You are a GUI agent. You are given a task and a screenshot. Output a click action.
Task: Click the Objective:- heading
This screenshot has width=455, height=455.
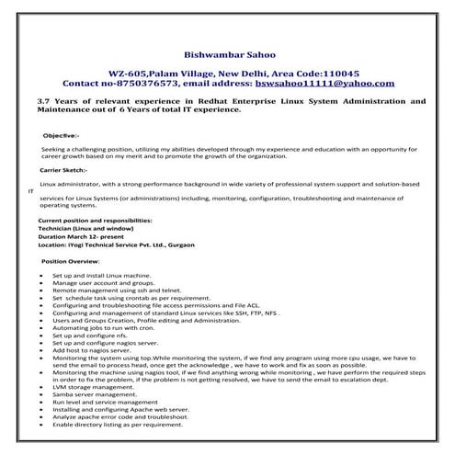tap(61, 135)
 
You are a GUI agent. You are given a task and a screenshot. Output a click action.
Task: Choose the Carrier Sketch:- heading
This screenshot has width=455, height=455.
tap(63, 171)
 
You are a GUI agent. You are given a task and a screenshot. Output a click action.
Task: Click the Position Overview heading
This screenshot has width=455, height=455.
tap(76, 262)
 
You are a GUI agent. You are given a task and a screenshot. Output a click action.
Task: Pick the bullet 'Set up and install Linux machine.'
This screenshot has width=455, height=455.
tap(101, 276)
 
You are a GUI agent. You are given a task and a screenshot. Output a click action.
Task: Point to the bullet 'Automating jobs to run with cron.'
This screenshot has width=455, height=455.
tap(104, 328)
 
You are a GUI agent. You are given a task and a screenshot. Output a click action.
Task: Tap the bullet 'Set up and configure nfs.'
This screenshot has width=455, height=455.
tap(88, 336)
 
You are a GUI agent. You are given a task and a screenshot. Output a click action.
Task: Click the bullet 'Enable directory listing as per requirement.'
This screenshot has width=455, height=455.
tap(119, 426)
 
